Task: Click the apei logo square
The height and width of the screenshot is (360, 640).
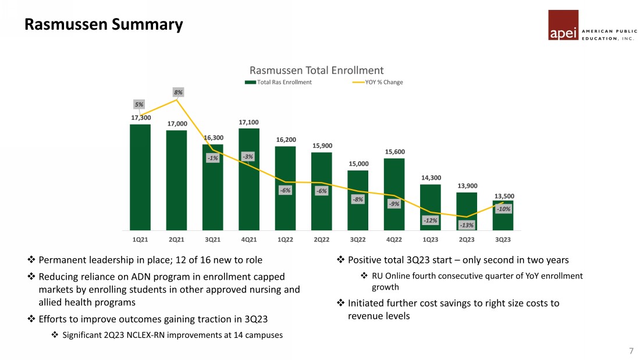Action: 563,25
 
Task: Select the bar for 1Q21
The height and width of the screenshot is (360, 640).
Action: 140,177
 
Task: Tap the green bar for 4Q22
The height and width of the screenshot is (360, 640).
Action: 394,194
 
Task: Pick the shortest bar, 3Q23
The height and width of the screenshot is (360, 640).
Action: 503,216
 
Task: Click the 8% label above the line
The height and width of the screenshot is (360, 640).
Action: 178,92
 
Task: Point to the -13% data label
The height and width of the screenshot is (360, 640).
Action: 467,225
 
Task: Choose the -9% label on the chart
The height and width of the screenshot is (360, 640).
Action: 394,204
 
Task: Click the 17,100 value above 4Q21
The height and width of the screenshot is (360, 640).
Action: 248,122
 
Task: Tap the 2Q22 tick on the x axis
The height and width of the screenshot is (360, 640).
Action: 321,239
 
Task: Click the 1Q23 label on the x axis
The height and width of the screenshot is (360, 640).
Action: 431,239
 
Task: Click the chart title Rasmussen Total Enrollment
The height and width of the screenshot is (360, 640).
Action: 317,70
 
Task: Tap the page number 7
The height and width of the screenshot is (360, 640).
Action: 631,351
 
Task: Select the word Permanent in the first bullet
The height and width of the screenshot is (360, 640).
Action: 62,260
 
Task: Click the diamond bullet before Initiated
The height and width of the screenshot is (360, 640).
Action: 340,303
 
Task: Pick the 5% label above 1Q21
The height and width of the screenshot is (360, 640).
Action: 139,105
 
